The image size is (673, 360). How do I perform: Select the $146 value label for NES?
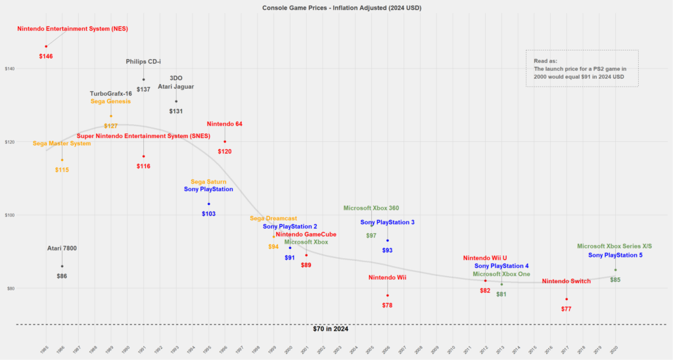(46, 56)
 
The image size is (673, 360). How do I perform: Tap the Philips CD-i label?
(143, 62)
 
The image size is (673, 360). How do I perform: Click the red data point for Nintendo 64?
(225, 141)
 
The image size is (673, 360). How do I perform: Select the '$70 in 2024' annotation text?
(330, 329)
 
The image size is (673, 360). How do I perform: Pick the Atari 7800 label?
(62, 248)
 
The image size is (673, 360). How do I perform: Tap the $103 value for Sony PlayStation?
(208, 214)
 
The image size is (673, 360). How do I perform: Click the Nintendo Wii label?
(387, 278)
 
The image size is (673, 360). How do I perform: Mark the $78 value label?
(387, 305)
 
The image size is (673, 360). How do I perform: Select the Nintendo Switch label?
(566, 281)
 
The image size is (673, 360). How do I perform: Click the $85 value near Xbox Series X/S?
(615, 280)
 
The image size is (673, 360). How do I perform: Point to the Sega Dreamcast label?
(273, 218)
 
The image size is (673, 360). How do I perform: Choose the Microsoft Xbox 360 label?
(371, 208)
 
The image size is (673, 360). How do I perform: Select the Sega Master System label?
(62, 143)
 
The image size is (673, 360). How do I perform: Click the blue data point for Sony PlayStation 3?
(388, 240)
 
